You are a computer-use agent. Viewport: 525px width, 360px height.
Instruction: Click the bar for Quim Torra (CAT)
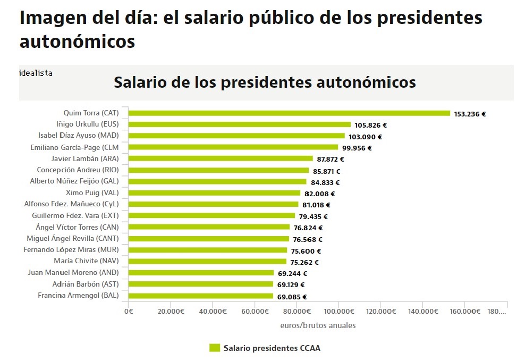click(289, 113)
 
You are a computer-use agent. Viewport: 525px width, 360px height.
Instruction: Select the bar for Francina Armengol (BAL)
click(200, 296)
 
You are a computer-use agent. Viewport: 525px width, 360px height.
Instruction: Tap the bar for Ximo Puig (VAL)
click(214, 193)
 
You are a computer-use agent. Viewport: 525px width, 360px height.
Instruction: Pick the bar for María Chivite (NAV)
click(207, 262)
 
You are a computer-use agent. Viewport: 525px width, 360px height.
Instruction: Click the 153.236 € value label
click(470, 114)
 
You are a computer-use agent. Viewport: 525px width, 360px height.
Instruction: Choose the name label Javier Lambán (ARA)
click(85, 158)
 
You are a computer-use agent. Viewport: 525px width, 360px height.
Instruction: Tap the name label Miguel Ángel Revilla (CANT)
click(73, 238)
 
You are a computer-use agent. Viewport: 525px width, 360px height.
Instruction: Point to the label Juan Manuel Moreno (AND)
click(73, 272)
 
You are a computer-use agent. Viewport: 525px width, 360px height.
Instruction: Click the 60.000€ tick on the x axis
click(254, 312)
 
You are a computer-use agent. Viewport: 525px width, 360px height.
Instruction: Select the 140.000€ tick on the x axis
click(422, 312)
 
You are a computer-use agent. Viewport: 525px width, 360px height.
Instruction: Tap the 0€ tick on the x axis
click(128, 312)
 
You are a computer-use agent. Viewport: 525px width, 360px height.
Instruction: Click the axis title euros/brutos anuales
click(318, 325)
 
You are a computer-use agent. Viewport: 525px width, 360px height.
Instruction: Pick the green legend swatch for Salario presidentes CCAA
click(214, 348)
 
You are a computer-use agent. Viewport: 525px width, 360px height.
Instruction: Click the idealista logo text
click(36, 73)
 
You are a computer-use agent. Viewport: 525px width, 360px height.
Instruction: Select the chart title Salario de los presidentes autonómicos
click(265, 83)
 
